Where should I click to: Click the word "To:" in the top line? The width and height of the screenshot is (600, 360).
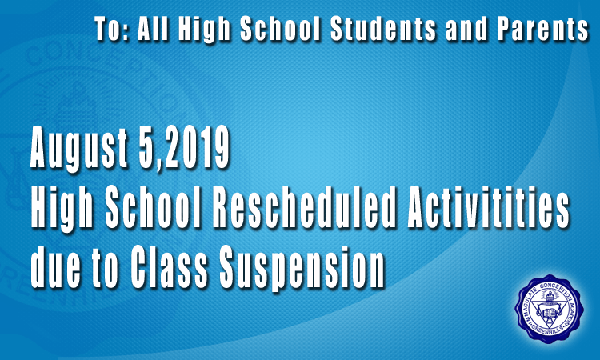point(110,29)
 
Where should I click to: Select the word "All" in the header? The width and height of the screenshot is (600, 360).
point(153,29)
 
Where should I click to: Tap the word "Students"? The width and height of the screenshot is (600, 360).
point(383,29)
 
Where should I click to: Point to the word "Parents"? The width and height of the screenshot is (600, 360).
point(543,29)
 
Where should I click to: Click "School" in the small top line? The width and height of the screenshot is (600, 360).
point(280,29)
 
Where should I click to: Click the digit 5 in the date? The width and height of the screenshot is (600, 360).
point(147,146)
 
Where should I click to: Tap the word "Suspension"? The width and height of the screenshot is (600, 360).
point(302,268)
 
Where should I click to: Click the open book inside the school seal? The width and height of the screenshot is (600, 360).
point(549,313)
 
